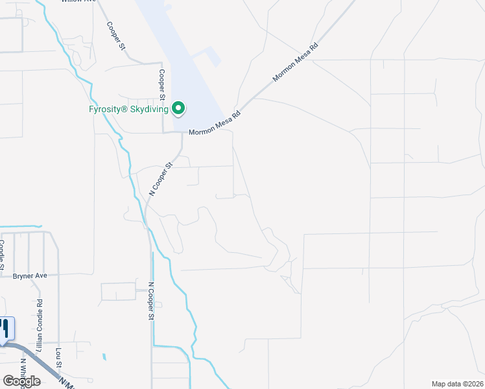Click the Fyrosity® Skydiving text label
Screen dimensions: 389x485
pos(128,109)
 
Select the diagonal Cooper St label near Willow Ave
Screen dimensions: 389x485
pos(114,35)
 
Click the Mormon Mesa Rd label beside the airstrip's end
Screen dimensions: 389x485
pos(215,130)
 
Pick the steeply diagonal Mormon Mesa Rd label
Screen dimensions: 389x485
pos(296,62)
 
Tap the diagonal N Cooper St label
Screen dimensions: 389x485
pos(162,179)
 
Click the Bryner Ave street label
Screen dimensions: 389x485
pos(30,276)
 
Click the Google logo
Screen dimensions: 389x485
pos(21,381)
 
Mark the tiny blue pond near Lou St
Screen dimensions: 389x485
pos(103,357)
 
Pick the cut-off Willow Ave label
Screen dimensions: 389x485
pos(78,2)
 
